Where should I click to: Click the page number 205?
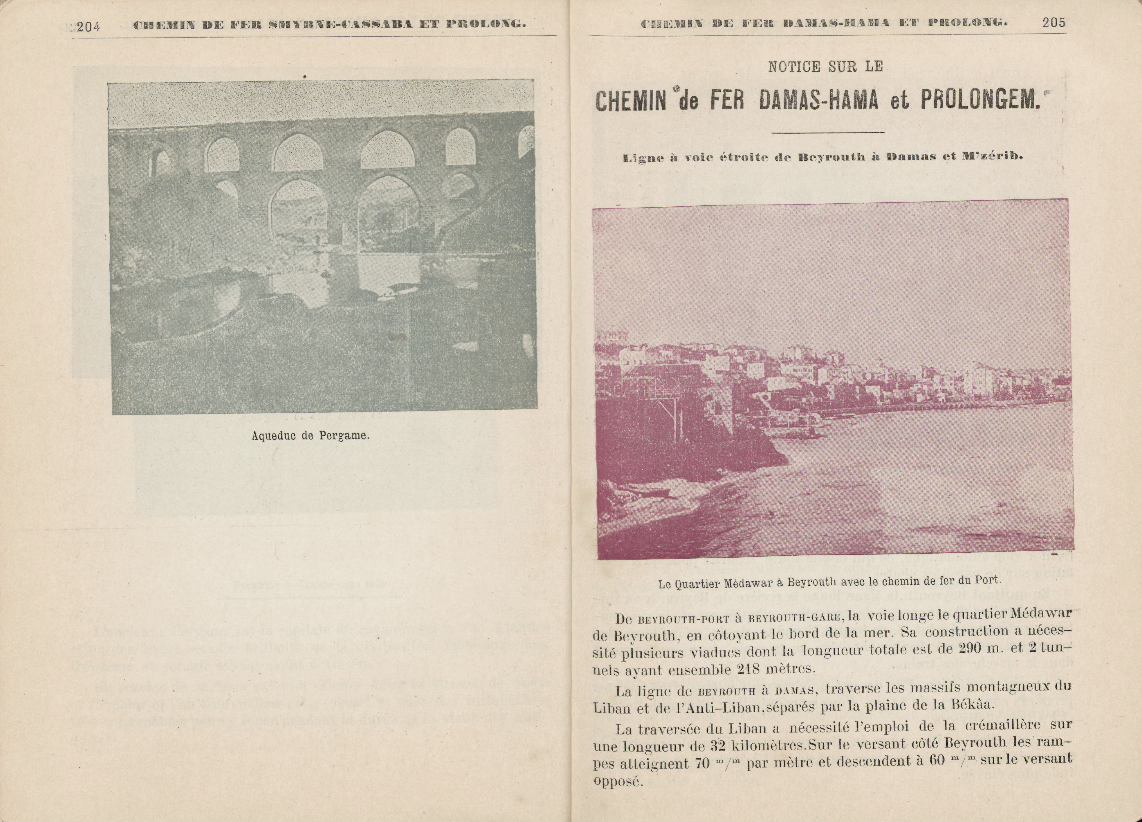1054,23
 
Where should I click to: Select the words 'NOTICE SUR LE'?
826,67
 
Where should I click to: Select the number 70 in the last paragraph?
702,763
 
